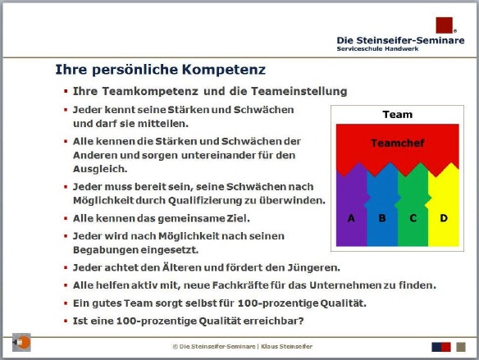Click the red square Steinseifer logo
point(444,25)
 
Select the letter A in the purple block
point(351,218)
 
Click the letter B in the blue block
point(381,218)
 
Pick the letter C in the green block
point(413,218)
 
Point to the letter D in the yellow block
point(443,218)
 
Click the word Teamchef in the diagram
point(397,143)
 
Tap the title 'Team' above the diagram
point(397,114)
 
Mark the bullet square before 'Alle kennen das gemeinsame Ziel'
point(66,219)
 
